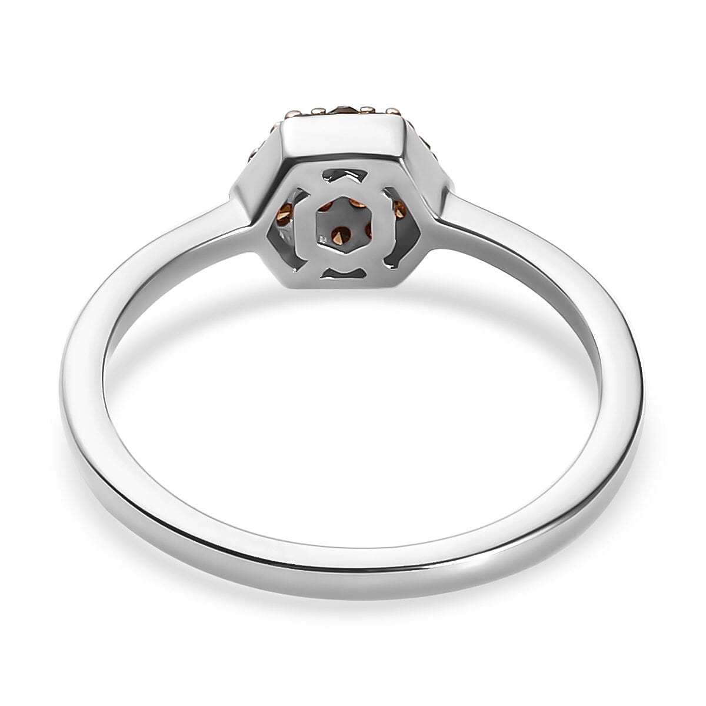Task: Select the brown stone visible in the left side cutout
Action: pyautogui.click(x=287, y=213)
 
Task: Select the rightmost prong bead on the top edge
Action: pyautogui.click(x=391, y=110)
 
